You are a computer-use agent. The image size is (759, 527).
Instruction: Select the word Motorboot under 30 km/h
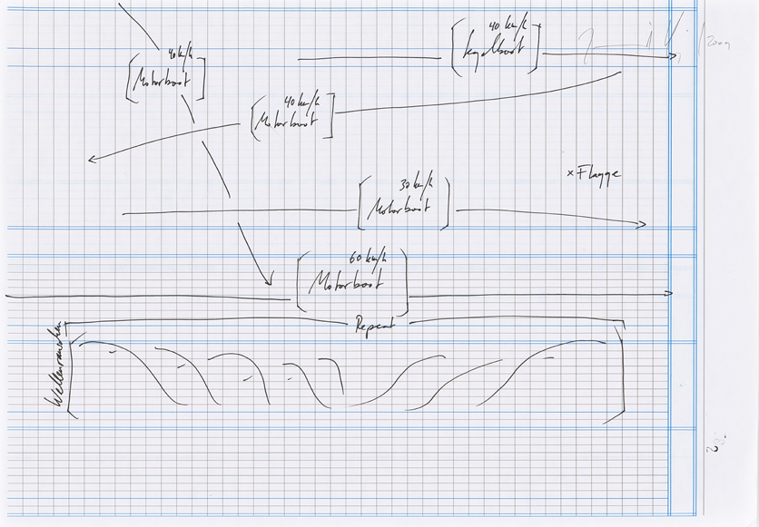(x=398, y=209)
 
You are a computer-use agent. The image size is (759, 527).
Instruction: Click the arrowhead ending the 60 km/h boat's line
(x=669, y=293)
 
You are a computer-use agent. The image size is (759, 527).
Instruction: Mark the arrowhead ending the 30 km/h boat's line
(x=643, y=223)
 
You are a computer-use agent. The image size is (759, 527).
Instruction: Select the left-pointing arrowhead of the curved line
(x=92, y=161)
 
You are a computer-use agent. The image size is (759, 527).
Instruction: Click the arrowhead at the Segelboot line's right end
(x=674, y=56)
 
